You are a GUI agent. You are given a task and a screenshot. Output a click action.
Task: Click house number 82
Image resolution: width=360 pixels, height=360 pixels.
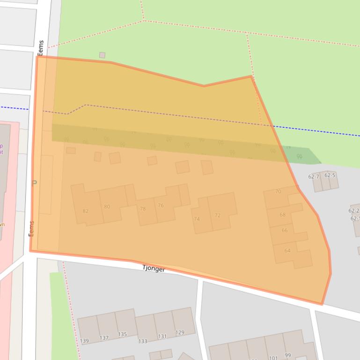tap(85, 211)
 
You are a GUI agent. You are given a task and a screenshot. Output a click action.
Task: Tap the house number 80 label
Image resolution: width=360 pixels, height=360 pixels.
tap(107, 207)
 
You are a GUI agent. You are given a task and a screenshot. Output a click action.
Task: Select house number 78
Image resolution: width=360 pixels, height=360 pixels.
tap(143, 209)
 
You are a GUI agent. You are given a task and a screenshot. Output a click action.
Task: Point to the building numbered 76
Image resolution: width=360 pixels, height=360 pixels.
tap(161, 205)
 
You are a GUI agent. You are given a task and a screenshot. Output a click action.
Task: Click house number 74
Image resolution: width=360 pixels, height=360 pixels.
tap(197, 219)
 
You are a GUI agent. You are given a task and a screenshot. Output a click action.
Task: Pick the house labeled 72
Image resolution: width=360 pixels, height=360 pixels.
tap(218, 216)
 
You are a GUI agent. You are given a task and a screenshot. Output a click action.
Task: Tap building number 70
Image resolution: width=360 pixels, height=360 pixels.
tap(278, 191)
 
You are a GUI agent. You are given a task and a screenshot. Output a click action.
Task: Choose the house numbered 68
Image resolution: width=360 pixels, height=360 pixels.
tap(282, 215)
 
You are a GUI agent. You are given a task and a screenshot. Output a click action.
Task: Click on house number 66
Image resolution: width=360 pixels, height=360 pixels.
tap(285, 230)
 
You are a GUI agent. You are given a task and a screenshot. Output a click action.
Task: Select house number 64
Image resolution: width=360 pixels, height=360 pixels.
tap(287, 251)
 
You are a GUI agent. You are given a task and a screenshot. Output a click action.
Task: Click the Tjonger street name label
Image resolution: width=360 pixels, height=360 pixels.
tap(154, 269)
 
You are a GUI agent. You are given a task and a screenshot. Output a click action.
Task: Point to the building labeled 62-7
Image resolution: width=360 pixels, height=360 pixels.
tap(314, 177)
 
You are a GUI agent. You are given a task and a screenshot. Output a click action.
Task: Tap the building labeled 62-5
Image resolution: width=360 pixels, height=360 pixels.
tap(330, 175)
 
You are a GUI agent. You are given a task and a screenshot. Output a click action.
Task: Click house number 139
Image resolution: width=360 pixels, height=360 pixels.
tap(84, 341)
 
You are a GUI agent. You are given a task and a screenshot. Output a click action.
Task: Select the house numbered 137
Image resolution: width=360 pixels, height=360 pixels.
tap(104, 338)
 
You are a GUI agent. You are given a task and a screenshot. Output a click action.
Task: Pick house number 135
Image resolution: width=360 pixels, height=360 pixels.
tap(122, 334)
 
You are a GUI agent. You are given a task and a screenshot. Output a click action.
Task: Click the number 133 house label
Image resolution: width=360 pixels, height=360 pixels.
tap(143, 341)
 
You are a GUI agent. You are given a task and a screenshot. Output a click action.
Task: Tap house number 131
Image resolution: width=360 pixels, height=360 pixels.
tap(162, 336)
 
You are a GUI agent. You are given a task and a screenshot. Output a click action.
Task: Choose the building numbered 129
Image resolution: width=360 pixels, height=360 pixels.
tap(180, 333)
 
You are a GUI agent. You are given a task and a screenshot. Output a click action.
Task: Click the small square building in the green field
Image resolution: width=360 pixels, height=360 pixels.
tap(102, 55)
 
